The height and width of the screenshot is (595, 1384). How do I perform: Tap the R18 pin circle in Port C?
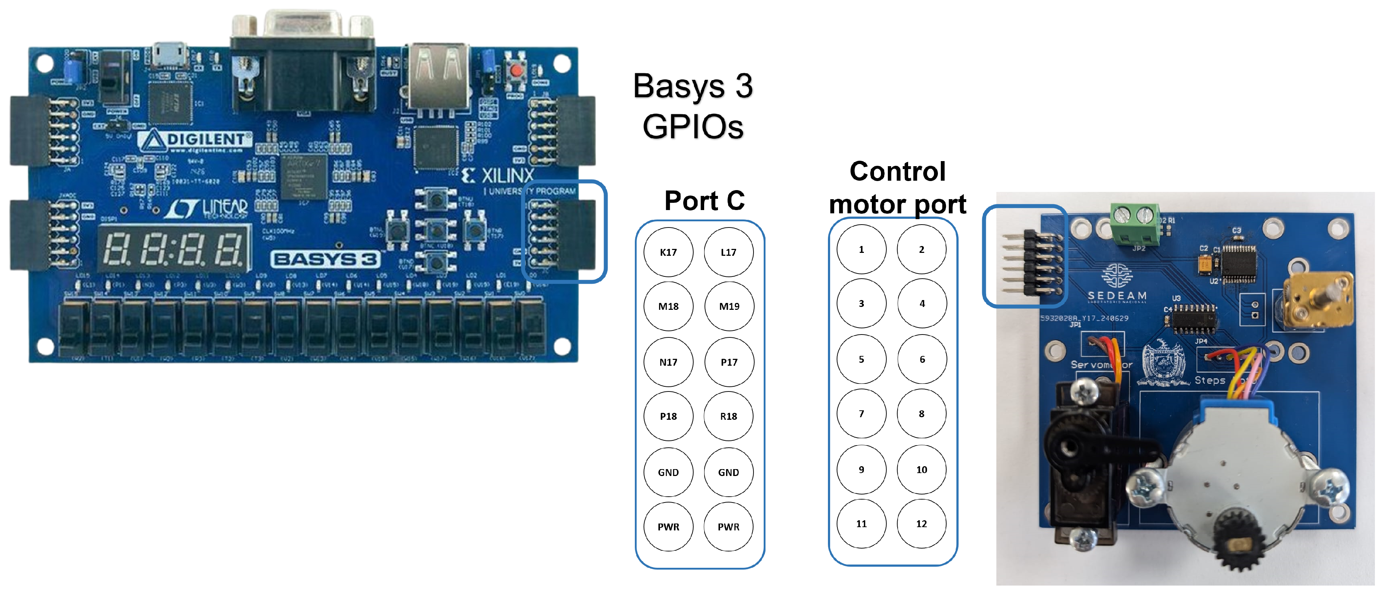728,416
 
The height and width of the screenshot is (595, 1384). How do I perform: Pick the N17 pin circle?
668,362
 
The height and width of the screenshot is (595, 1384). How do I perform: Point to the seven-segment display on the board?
175,249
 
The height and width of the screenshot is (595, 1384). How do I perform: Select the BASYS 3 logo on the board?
326,259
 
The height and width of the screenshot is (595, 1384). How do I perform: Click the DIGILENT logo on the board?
196,140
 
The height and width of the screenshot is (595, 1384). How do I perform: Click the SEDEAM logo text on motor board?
1116,295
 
